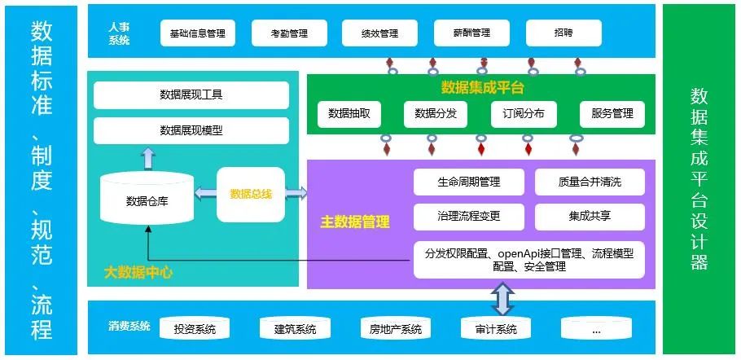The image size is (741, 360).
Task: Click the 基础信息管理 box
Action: coord(197,33)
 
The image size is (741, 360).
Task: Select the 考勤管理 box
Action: coord(290,33)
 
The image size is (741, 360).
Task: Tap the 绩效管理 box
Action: coord(379,33)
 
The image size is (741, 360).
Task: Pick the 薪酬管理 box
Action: coord(472,33)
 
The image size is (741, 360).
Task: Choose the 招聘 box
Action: coord(563,33)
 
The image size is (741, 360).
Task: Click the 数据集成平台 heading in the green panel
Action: coord(482,87)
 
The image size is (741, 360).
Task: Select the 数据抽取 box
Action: coord(349,114)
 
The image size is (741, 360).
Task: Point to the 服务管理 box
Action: coord(612,114)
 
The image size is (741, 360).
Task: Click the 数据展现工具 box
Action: coord(191,94)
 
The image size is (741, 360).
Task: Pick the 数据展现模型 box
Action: coord(191,130)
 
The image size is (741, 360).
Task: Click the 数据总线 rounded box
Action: coord(251,194)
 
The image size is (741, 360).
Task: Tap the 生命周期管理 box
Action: coord(468,182)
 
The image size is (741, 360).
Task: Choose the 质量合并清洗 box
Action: coord(590,182)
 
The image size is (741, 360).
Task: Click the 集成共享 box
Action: coord(590,217)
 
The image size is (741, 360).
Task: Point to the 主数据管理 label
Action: coord(355,221)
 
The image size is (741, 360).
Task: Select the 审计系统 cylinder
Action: coord(495,329)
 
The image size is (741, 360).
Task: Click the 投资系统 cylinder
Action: coord(195,329)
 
